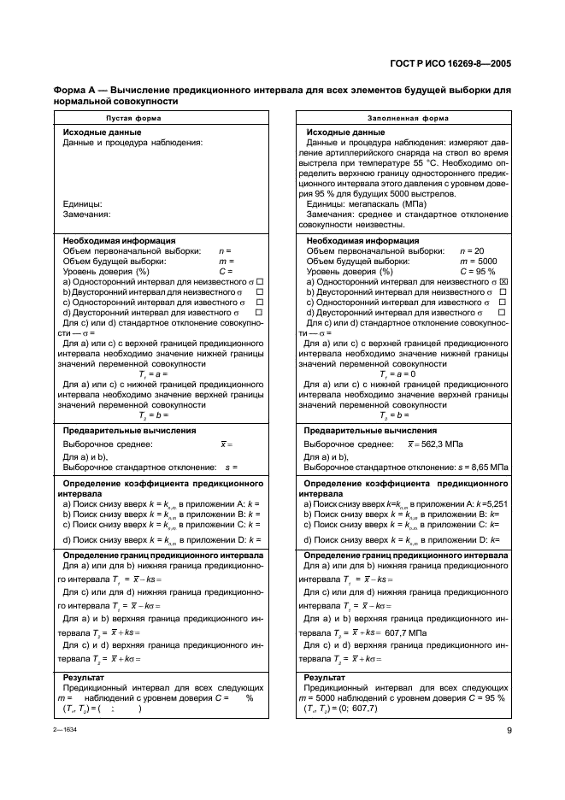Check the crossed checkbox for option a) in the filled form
coord(504,281)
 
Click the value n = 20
coord(473,250)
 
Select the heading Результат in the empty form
coord(85,676)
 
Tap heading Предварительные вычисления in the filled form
coord(372,431)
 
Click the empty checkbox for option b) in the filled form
coord(504,291)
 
